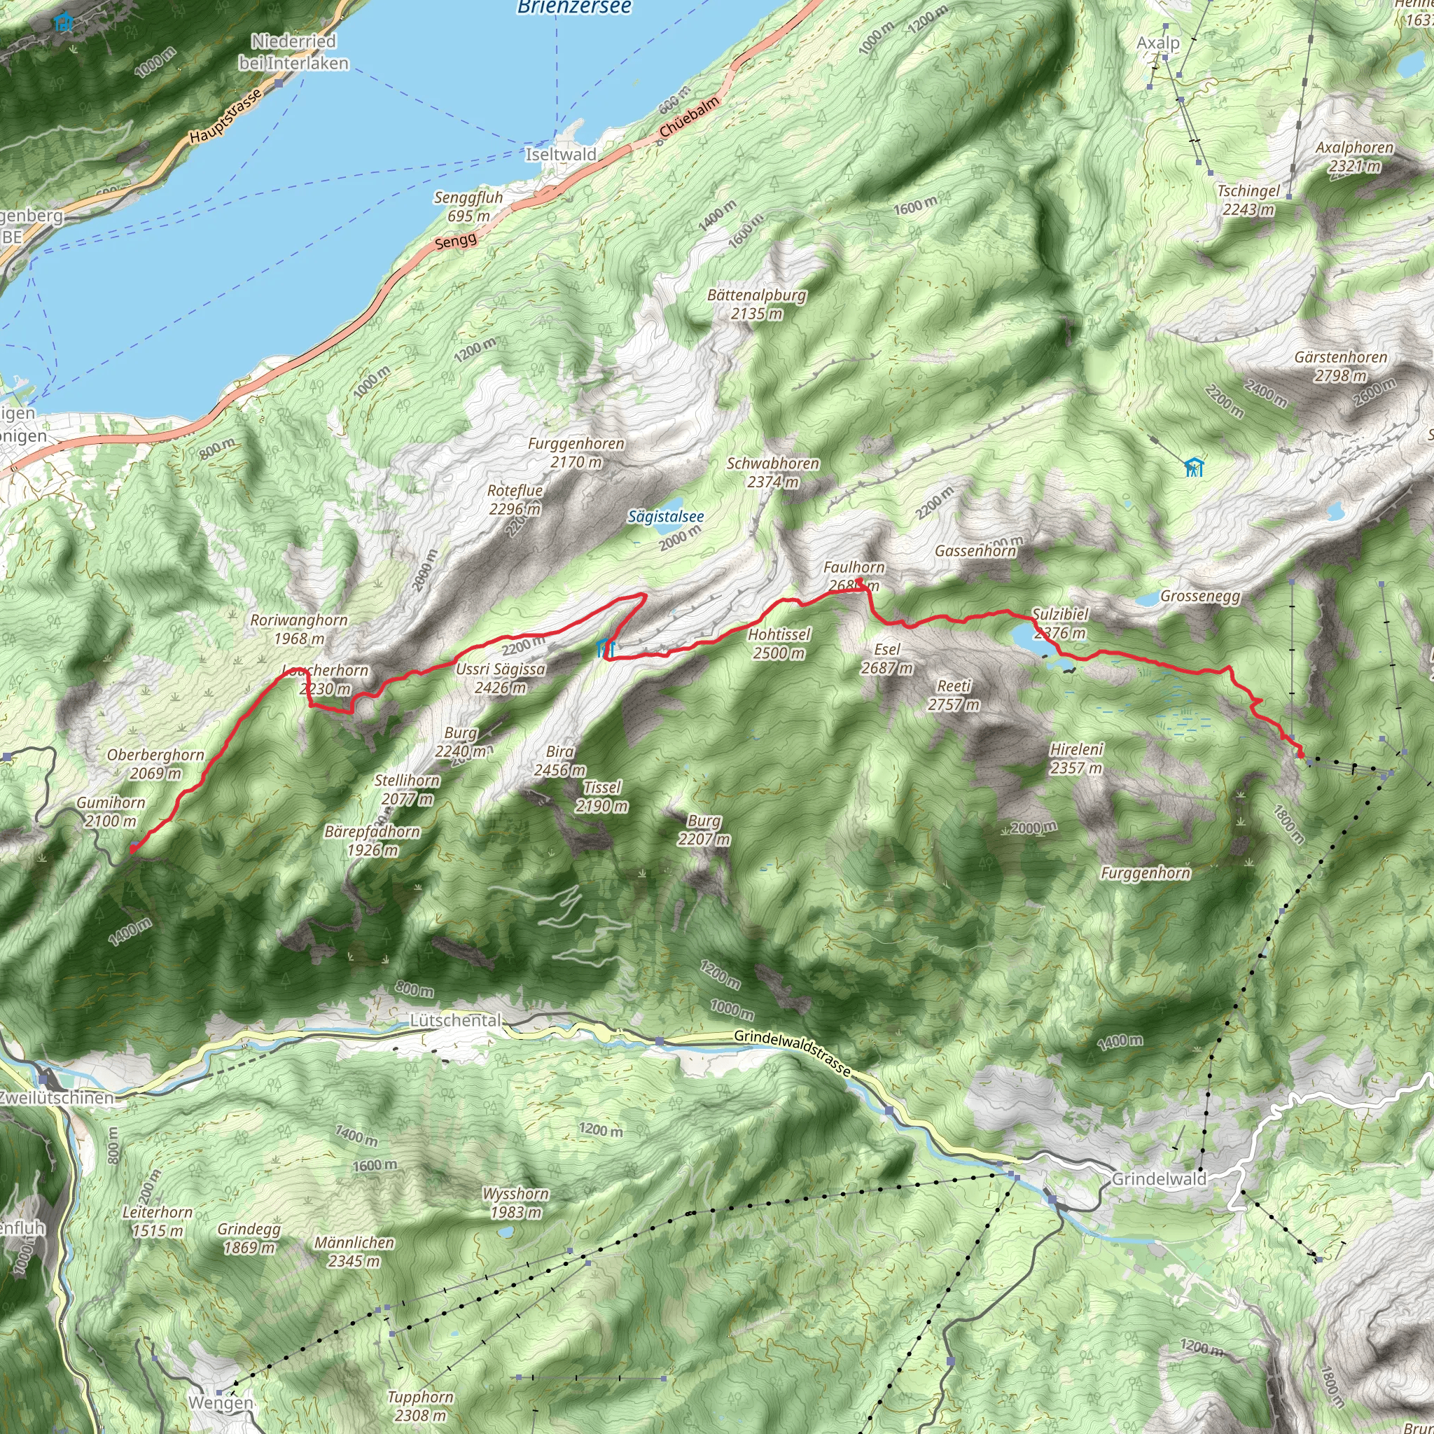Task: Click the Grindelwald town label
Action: coord(1159,1178)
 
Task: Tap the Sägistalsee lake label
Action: coord(665,517)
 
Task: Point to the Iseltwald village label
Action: coord(560,154)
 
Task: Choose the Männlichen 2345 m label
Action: coord(354,1251)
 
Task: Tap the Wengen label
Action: coord(221,1402)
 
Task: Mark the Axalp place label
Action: coord(1158,43)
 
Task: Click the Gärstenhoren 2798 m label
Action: coord(1340,367)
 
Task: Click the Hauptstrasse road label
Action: coord(225,116)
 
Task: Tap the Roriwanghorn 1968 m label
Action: coord(298,629)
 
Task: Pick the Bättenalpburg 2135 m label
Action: coord(756,305)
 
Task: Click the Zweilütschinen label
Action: coord(57,1098)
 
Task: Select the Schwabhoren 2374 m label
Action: coord(773,473)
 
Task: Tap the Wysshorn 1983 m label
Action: coord(516,1203)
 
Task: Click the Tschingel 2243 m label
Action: coord(1248,200)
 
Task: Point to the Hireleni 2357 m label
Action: coord(1076,758)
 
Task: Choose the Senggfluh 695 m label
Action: coord(468,207)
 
